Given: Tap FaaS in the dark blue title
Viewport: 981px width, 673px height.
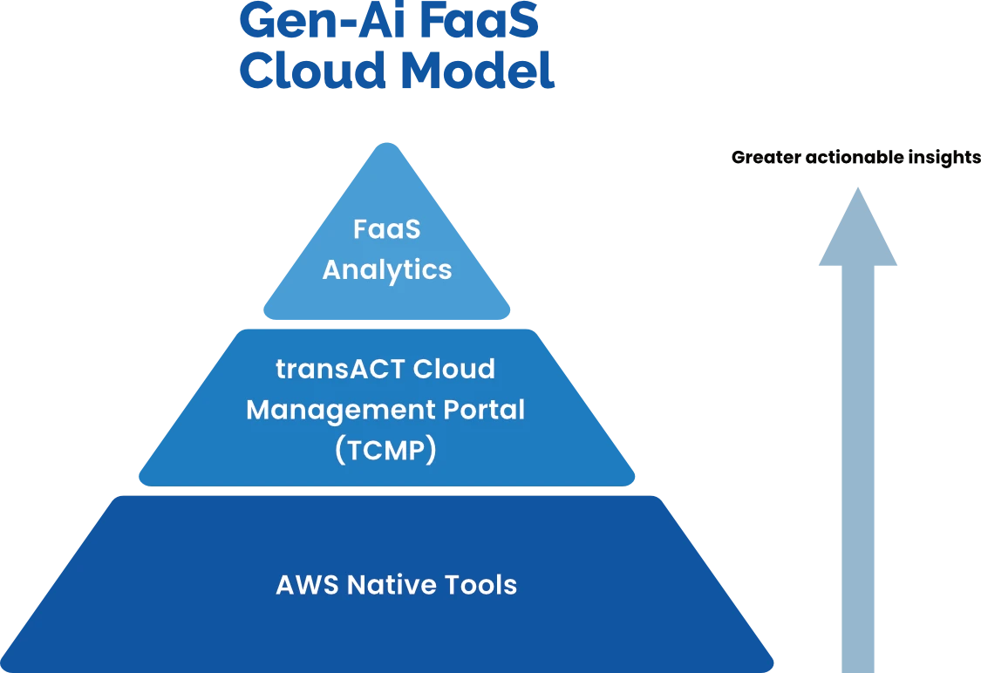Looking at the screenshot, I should tap(479, 21).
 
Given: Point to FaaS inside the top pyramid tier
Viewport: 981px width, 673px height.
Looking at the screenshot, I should tap(387, 229).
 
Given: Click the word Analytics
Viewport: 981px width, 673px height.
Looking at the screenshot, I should tap(387, 269).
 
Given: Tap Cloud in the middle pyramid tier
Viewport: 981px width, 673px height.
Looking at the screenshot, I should tap(453, 369).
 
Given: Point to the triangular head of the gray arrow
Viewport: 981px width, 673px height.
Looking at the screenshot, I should tap(858, 231).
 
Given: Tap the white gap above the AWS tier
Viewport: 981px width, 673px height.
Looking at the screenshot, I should tap(385, 492).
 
